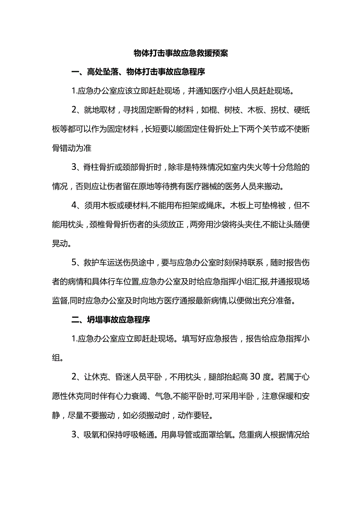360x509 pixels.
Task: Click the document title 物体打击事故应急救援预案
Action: [180, 54]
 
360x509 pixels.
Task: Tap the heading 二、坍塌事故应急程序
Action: [111, 320]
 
